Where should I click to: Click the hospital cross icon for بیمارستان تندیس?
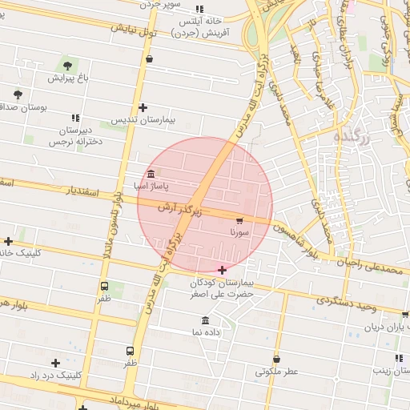click(x=143, y=107)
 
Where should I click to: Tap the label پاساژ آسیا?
click(x=175, y=186)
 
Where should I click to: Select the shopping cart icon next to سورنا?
click(x=239, y=219)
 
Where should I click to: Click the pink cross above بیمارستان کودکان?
click(x=222, y=271)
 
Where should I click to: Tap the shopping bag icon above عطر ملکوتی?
click(x=277, y=359)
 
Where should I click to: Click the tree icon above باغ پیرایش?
click(x=66, y=65)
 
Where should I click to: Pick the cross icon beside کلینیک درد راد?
click(x=55, y=364)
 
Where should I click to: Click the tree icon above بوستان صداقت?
click(x=18, y=94)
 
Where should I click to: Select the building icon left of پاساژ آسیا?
click(x=151, y=174)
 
